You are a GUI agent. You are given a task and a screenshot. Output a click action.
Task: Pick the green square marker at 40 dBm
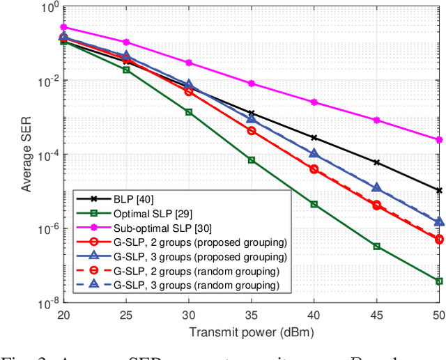(314, 204)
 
